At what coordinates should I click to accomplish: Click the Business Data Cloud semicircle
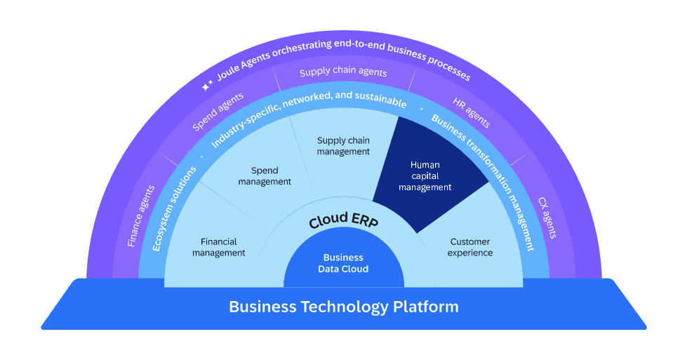pyautogui.click(x=344, y=264)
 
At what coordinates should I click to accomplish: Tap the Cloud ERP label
pyautogui.click(x=343, y=220)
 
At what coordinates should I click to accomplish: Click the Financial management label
pyautogui.click(x=219, y=247)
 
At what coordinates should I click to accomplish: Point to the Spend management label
pyautogui.click(x=265, y=176)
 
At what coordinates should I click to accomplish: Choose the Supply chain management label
pyautogui.click(x=343, y=146)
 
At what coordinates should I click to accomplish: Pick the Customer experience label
pyautogui.click(x=470, y=247)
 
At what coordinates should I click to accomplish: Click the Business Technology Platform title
pyautogui.click(x=344, y=307)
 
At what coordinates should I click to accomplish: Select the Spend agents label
pyautogui.click(x=218, y=112)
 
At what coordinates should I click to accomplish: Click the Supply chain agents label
pyautogui.click(x=343, y=72)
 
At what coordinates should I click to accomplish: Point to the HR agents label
pyautogui.click(x=471, y=112)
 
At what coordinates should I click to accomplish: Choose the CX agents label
pyautogui.click(x=547, y=217)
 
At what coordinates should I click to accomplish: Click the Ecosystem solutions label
pyautogui.click(x=174, y=208)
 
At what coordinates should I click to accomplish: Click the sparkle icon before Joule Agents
pyautogui.click(x=207, y=86)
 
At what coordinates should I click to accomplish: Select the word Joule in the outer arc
pyautogui.click(x=229, y=74)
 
